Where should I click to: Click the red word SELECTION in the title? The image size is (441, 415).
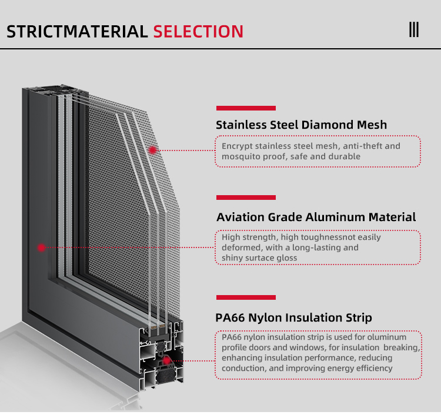tap(198, 31)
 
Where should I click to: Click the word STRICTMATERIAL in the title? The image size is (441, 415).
tap(77, 31)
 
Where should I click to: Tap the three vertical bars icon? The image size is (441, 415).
tap(414, 29)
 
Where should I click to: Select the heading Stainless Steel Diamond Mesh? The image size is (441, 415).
tap(301, 125)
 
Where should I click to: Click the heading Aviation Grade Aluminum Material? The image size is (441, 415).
tap(316, 217)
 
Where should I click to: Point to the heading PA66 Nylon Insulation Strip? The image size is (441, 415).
tap(293, 317)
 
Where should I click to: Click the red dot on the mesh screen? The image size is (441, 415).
tap(152, 150)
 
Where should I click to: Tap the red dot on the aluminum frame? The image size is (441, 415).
tap(42, 247)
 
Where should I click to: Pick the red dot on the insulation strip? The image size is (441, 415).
tap(167, 361)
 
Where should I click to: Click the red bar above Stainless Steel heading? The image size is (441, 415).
tap(246, 108)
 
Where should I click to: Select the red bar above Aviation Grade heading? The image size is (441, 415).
tap(246, 198)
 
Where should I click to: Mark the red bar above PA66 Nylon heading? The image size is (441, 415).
tap(246, 297)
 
